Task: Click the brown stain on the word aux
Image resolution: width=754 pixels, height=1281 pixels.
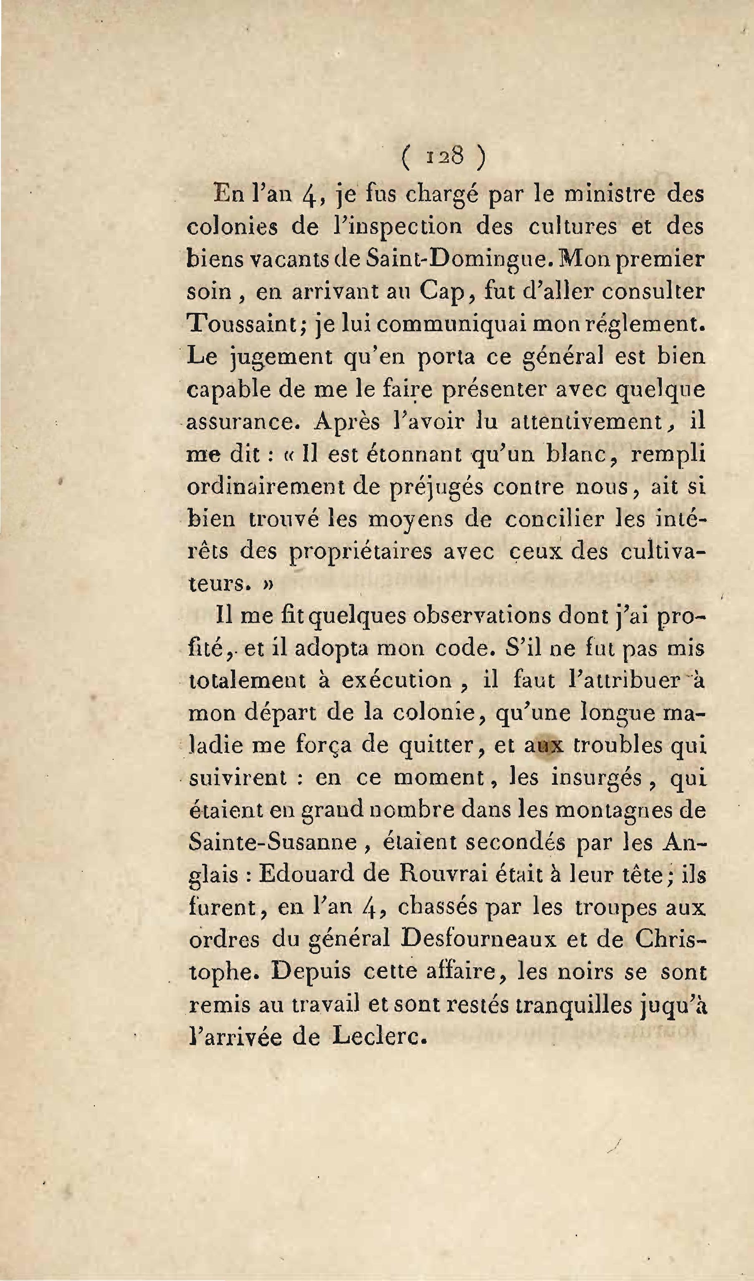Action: (545, 746)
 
